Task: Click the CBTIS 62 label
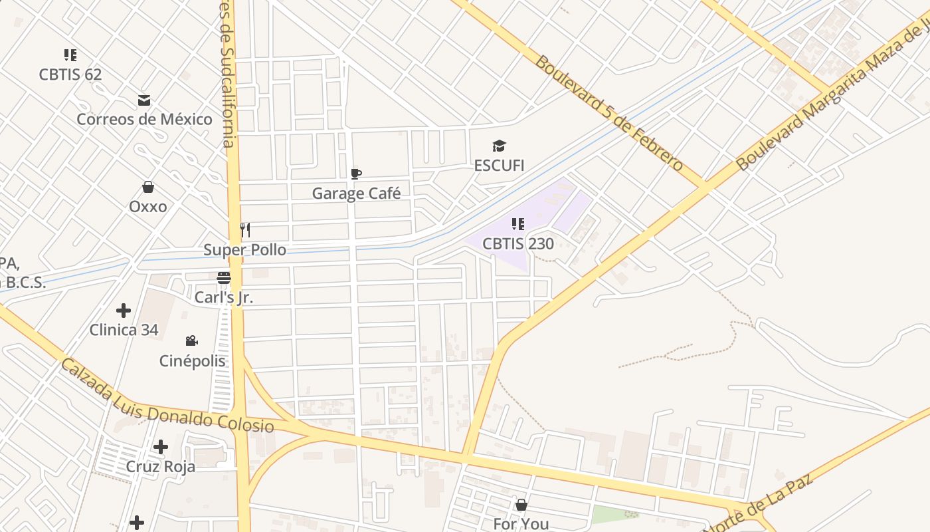tap(70, 74)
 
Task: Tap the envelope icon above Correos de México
tap(144, 101)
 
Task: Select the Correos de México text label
tap(144, 119)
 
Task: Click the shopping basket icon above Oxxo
tap(148, 188)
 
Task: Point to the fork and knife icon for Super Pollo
tap(245, 230)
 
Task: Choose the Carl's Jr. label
tap(224, 297)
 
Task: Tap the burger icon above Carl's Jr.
tap(224, 278)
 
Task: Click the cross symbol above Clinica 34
tap(124, 311)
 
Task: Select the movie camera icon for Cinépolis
tap(192, 341)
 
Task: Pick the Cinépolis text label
tap(193, 361)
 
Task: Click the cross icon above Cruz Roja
tap(161, 447)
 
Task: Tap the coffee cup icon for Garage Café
tap(356, 174)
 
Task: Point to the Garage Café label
tap(357, 194)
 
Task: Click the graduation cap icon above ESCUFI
tap(499, 146)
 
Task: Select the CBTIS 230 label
tap(518, 243)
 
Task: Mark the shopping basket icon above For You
tap(521, 505)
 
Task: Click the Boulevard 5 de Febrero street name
tap(608, 113)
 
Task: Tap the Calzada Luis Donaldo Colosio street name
tap(167, 398)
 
